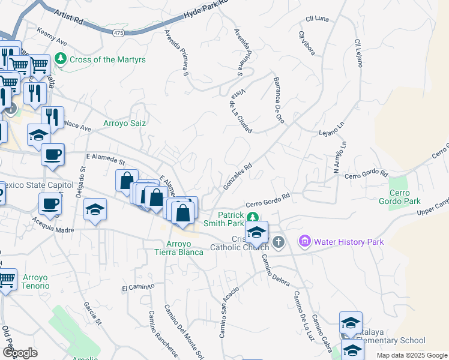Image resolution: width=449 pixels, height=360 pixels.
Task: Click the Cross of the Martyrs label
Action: (x=107, y=59)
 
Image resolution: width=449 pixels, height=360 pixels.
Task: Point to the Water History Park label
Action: (x=349, y=242)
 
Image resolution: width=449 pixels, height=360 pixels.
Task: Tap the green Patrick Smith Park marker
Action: (x=254, y=217)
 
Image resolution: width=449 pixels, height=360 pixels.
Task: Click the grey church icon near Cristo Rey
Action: (x=277, y=242)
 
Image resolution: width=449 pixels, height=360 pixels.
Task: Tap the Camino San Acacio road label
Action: (x=231, y=311)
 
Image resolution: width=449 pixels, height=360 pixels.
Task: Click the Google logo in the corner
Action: (x=20, y=352)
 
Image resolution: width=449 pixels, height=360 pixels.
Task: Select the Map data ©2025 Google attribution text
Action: (x=412, y=355)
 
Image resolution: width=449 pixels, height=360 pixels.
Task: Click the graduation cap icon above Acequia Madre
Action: (x=95, y=209)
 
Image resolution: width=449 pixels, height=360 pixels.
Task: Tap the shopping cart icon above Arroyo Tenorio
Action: (x=6, y=280)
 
